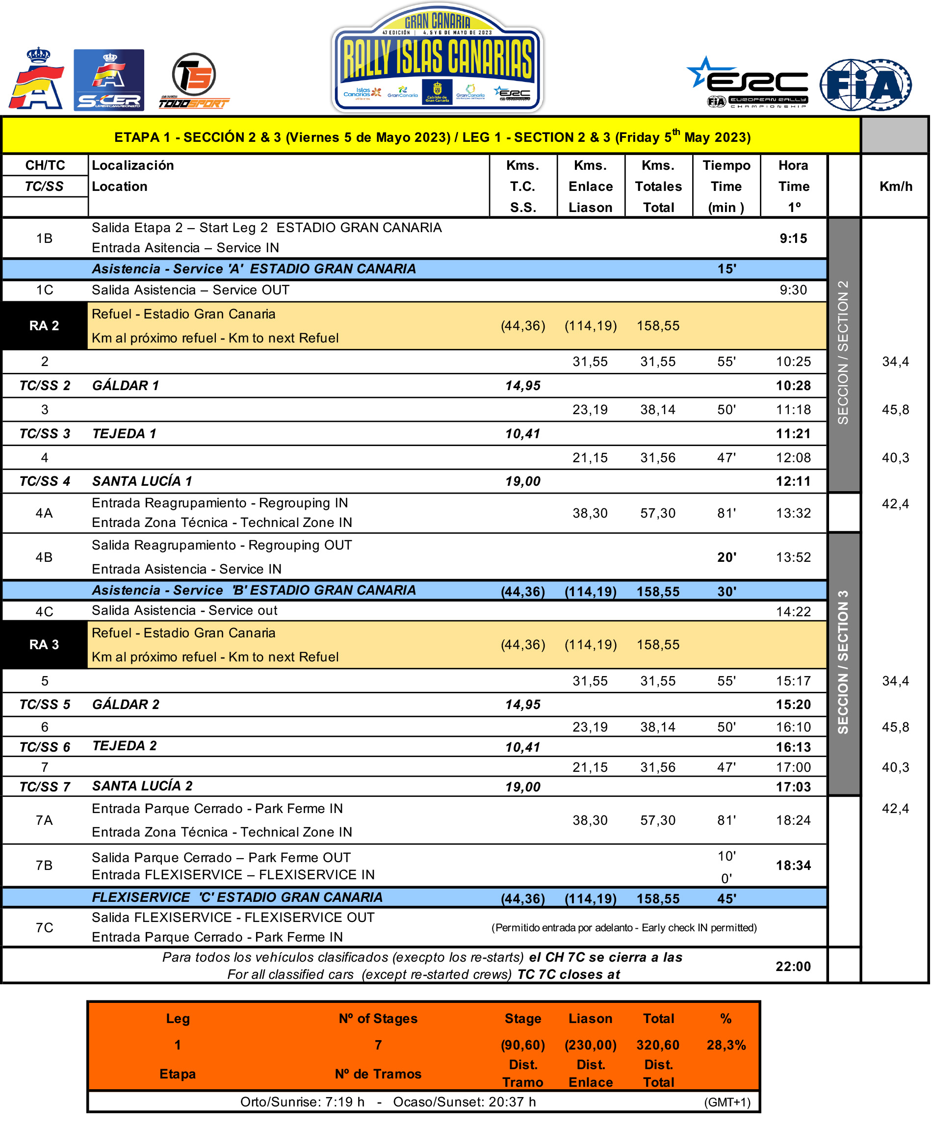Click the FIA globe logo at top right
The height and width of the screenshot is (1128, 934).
click(x=865, y=85)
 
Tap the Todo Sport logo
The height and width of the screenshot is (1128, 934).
click(x=194, y=80)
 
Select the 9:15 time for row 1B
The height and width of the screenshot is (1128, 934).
click(x=793, y=238)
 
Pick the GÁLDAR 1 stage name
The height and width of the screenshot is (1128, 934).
click(x=126, y=386)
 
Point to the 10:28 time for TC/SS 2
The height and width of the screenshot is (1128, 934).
click(x=793, y=386)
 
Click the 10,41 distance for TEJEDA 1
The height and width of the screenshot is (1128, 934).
click(x=522, y=434)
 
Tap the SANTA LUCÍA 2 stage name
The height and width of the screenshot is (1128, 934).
click(x=142, y=787)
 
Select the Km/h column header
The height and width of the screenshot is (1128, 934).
click(x=895, y=186)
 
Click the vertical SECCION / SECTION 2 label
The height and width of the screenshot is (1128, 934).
click(x=843, y=352)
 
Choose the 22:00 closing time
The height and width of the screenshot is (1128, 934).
click(x=793, y=967)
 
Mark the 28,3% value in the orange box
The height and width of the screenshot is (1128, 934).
click(x=726, y=1045)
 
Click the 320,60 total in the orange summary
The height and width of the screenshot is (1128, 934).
click(x=658, y=1045)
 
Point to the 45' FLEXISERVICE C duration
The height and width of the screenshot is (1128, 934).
click(x=726, y=899)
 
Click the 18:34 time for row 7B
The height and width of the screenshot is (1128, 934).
click(x=793, y=866)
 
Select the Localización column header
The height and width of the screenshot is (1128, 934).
click(x=132, y=165)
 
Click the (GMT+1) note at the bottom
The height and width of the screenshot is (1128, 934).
click(x=727, y=1102)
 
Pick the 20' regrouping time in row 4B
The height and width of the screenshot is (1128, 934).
click(x=726, y=557)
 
